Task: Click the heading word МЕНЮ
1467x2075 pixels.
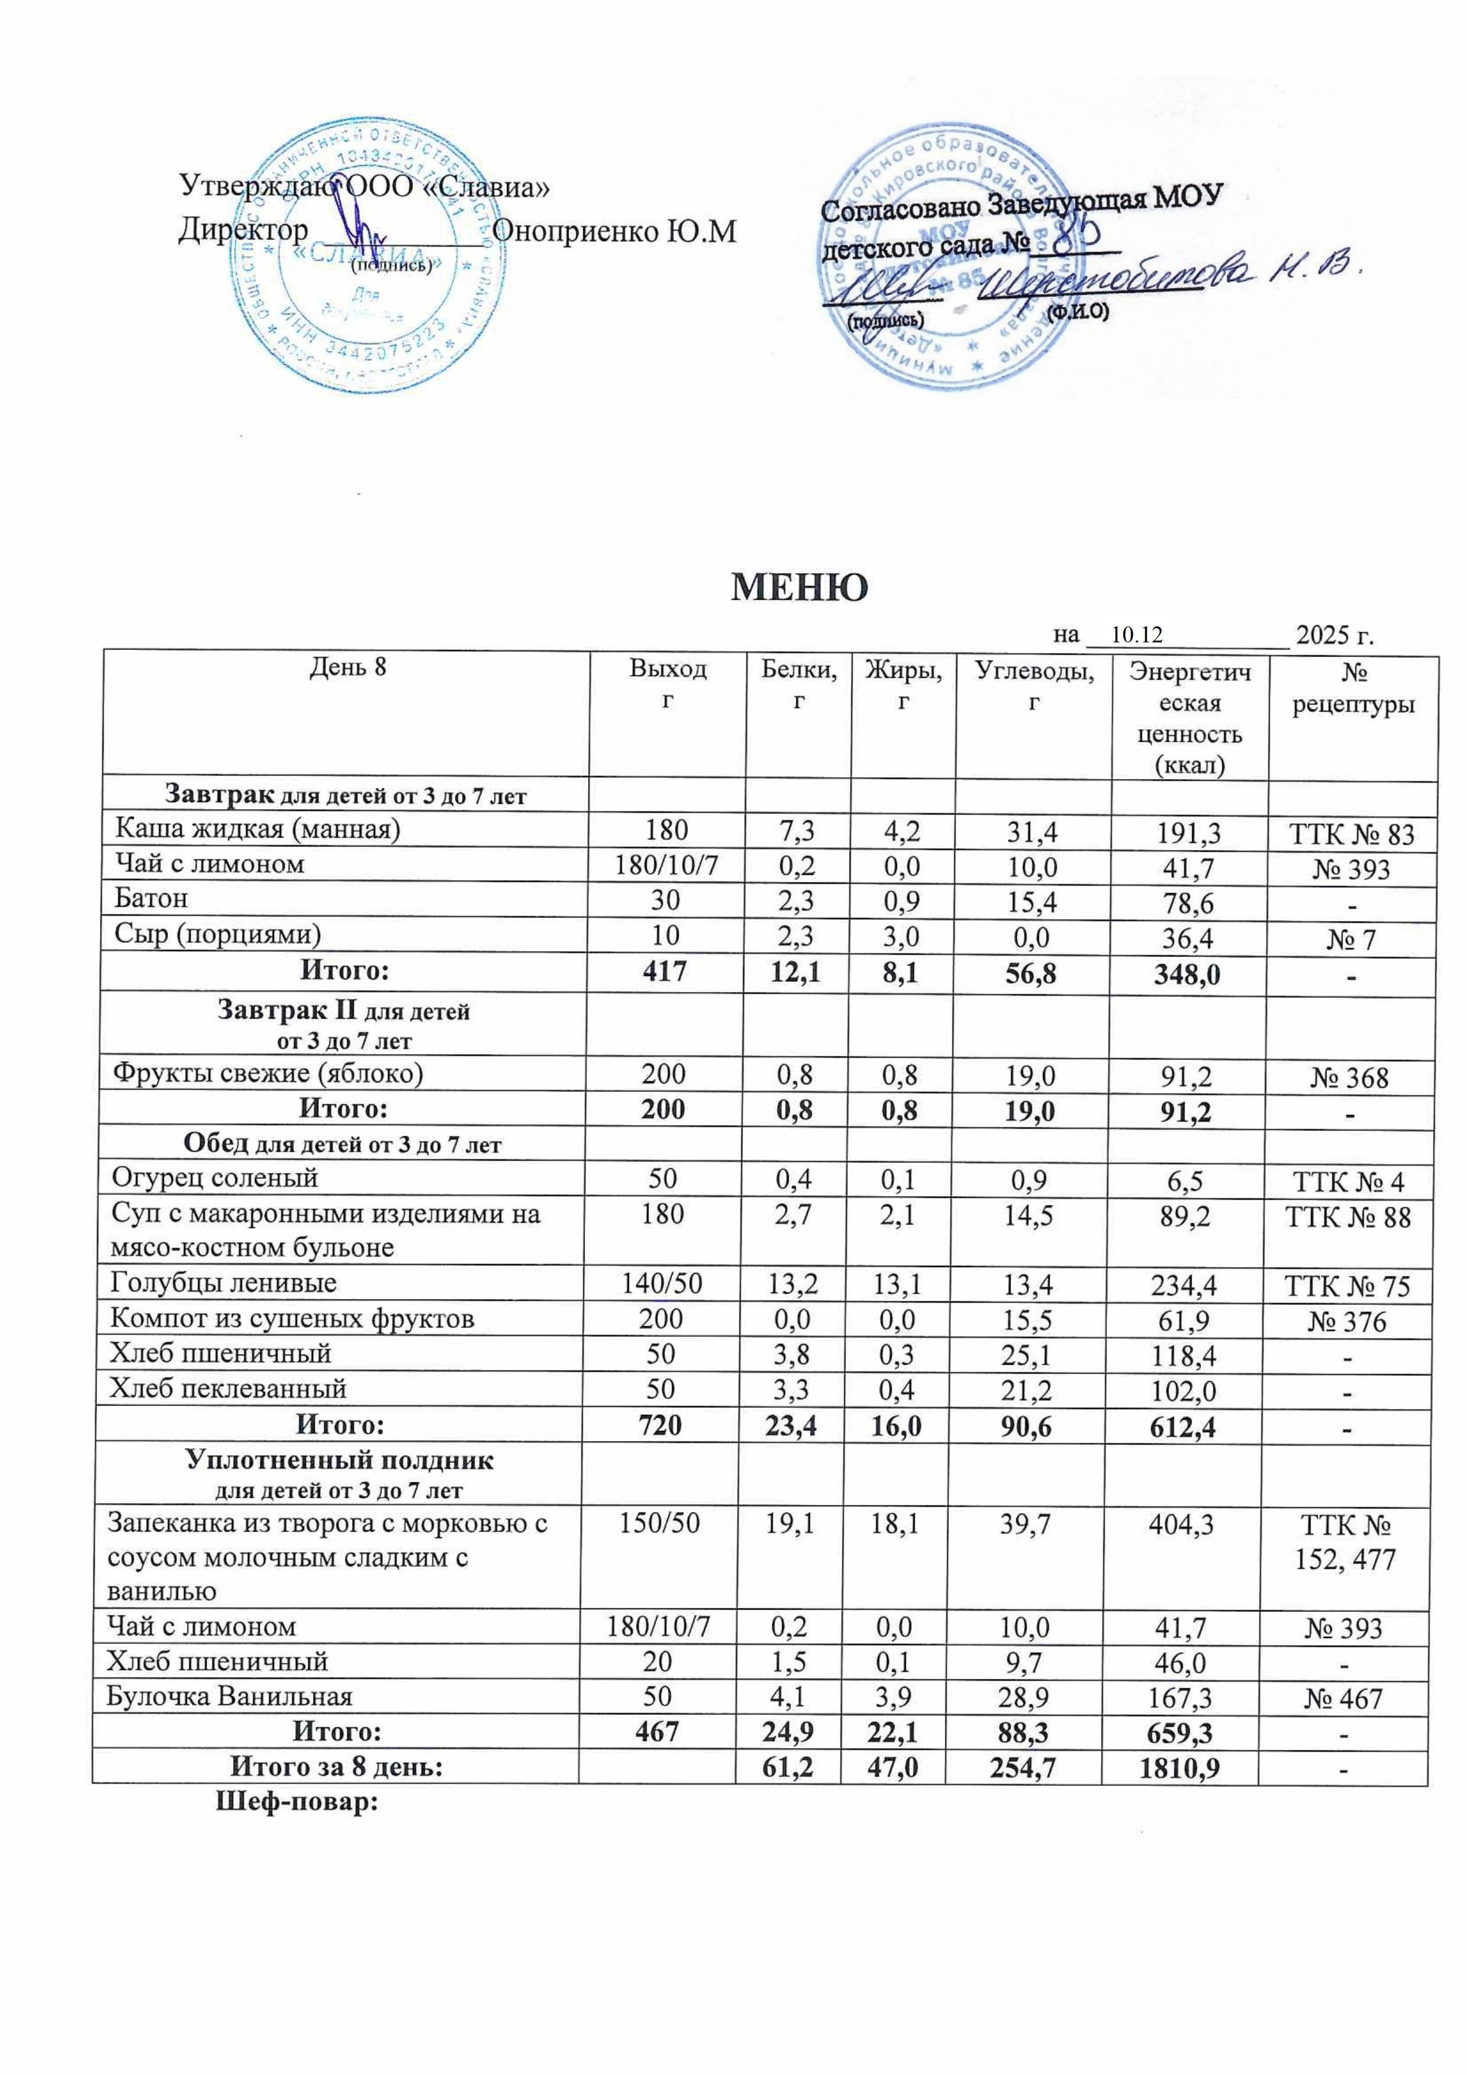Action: coord(799,587)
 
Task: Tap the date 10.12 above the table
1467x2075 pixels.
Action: coord(1137,635)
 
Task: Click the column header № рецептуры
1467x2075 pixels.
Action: coord(1352,689)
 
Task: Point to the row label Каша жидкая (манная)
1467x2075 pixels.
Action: coord(257,828)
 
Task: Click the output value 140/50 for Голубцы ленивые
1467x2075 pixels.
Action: coord(664,1284)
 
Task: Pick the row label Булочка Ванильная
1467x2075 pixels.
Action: coord(230,1696)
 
